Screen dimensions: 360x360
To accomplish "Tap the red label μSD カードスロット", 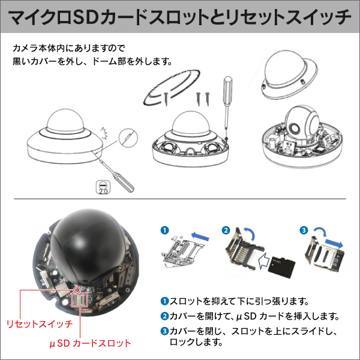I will (x=89, y=343).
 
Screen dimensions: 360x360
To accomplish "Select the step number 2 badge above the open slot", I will (x=226, y=230).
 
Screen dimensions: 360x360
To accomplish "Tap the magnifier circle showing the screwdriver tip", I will (x=131, y=140).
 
